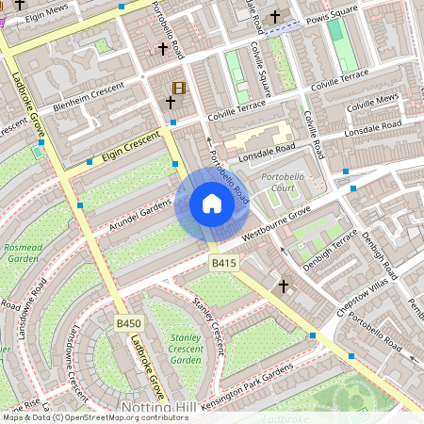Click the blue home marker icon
pos(212,204)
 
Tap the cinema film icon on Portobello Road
pos(179,89)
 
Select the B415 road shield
pos(224,262)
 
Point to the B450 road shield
pos(129,323)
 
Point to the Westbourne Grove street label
pos(283,227)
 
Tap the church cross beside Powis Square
pos(275,17)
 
